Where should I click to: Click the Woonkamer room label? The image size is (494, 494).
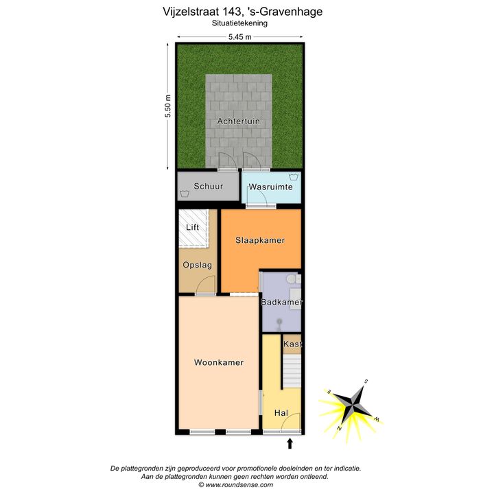[219, 362]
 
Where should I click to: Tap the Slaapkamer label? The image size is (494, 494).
[260, 240]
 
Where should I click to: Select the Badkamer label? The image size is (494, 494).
[282, 302]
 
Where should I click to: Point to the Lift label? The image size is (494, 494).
[193, 227]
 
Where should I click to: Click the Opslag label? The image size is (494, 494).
[197, 266]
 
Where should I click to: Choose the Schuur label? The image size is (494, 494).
[209, 186]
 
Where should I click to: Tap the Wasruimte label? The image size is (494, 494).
[270, 187]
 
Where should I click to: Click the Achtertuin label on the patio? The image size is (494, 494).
[239, 121]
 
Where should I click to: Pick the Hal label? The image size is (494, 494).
[281, 413]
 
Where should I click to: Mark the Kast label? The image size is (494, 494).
[293, 344]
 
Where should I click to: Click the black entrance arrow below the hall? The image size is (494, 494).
[290, 444]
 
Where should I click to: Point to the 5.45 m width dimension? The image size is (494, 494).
[240, 37]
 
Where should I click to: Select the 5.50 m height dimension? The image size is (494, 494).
[168, 106]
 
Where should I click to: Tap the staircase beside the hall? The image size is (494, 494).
[292, 371]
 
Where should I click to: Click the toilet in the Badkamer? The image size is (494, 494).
[291, 279]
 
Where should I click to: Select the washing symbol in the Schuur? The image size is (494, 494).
[185, 193]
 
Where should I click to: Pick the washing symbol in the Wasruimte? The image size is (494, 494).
[294, 176]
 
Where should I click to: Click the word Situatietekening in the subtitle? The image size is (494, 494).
[239, 23]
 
